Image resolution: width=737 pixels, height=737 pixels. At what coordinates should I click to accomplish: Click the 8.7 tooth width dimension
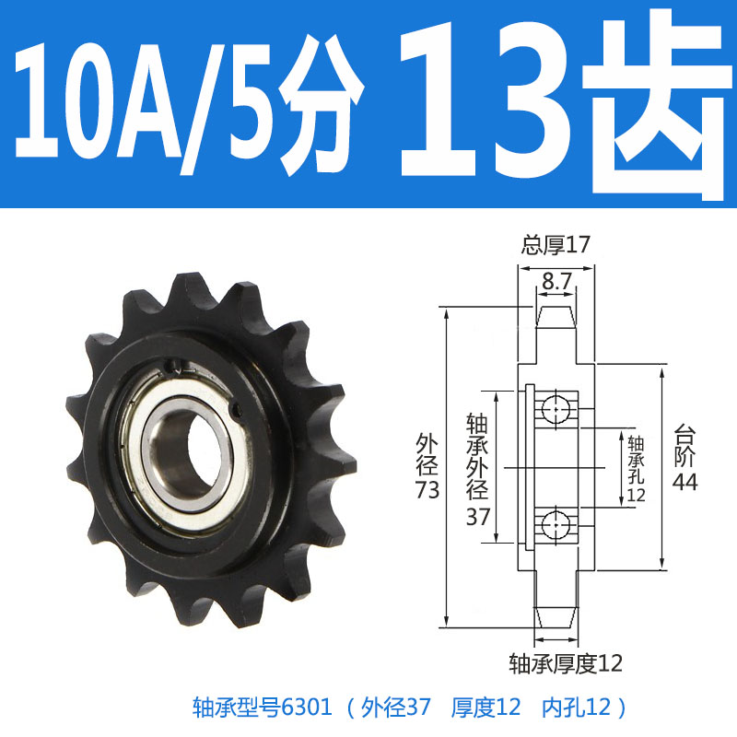(555, 285)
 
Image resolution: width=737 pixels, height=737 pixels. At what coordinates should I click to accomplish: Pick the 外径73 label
(427, 465)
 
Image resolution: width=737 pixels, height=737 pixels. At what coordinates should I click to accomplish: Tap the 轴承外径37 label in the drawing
(476, 469)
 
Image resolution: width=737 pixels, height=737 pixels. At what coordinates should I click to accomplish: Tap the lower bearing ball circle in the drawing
(556, 525)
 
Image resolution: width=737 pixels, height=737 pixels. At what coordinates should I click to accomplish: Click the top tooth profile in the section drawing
(556, 319)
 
